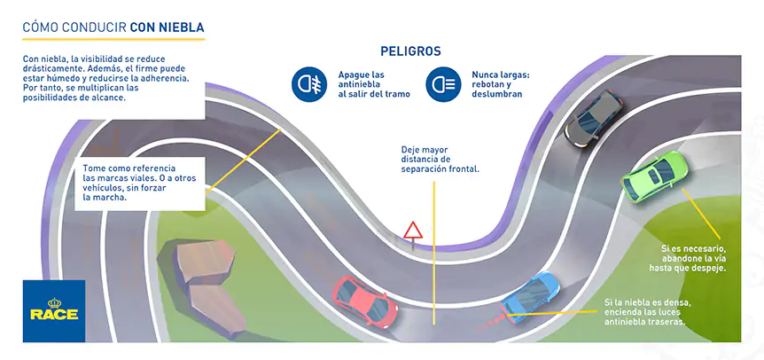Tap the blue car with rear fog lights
click(x=532, y=294)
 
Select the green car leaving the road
click(x=655, y=176)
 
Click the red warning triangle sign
click(x=412, y=231)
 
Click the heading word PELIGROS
click(x=410, y=51)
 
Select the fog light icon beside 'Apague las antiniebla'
click(x=309, y=84)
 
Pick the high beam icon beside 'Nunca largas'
click(x=441, y=84)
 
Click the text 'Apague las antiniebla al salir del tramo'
click(x=373, y=84)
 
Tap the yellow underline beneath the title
click(x=113, y=40)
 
